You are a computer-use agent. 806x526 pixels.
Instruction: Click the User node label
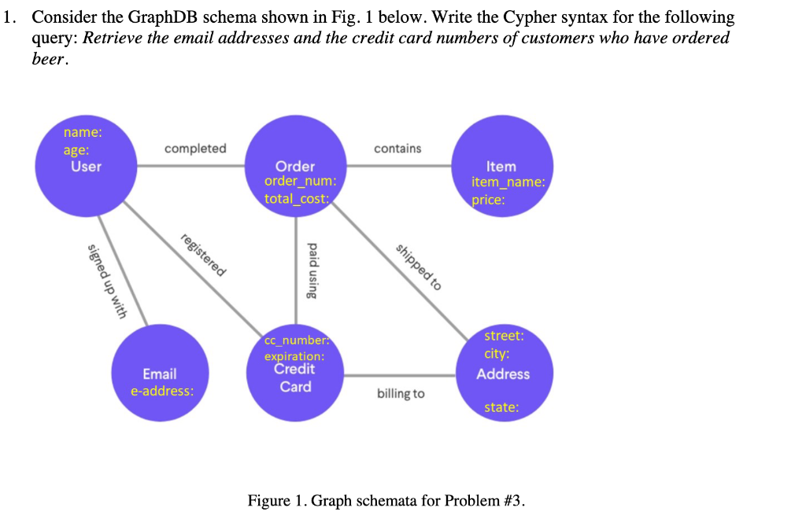click(x=86, y=167)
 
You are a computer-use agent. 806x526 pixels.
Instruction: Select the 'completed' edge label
click(x=195, y=149)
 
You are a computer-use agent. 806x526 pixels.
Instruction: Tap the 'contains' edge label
click(x=397, y=149)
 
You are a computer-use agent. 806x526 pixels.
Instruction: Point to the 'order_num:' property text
click(x=300, y=182)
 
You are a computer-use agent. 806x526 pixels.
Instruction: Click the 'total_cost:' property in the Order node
click(x=296, y=199)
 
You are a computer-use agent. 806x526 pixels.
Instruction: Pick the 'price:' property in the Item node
click(x=488, y=200)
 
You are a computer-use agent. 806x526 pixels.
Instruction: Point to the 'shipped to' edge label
click(x=418, y=268)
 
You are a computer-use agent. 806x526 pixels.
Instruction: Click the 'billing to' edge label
click(x=400, y=393)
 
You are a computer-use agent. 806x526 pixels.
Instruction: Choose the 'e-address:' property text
click(x=162, y=391)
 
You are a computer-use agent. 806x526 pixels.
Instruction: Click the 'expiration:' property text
click(x=294, y=356)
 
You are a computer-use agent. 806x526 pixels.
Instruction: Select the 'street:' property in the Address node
click(x=504, y=336)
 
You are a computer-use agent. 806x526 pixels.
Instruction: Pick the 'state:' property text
click(x=501, y=407)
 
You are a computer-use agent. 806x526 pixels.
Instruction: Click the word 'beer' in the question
click(x=48, y=61)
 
